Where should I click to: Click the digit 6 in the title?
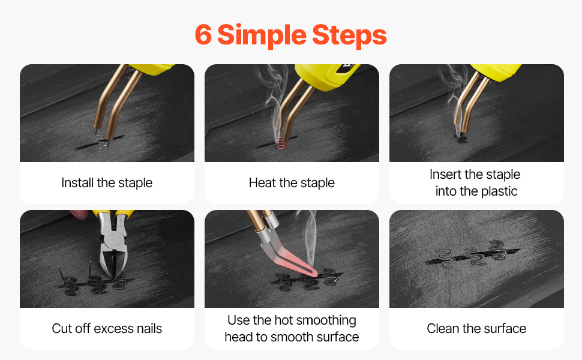tap(203, 35)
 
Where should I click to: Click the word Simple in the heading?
tap(262, 36)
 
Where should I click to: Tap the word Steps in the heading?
tap(349, 36)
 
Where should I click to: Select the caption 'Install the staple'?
tap(107, 183)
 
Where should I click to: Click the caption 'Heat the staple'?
tap(292, 183)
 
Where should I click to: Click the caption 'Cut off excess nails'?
tap(107, 328)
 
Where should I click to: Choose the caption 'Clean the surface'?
tap(476, 328)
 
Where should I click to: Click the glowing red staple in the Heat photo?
tap(281, 142)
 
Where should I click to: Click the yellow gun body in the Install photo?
tap(152, 68)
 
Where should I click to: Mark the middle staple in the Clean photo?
tap(476, 256)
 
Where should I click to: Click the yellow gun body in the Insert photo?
tap(496, 71)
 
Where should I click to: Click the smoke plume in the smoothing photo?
tap(311, 238)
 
